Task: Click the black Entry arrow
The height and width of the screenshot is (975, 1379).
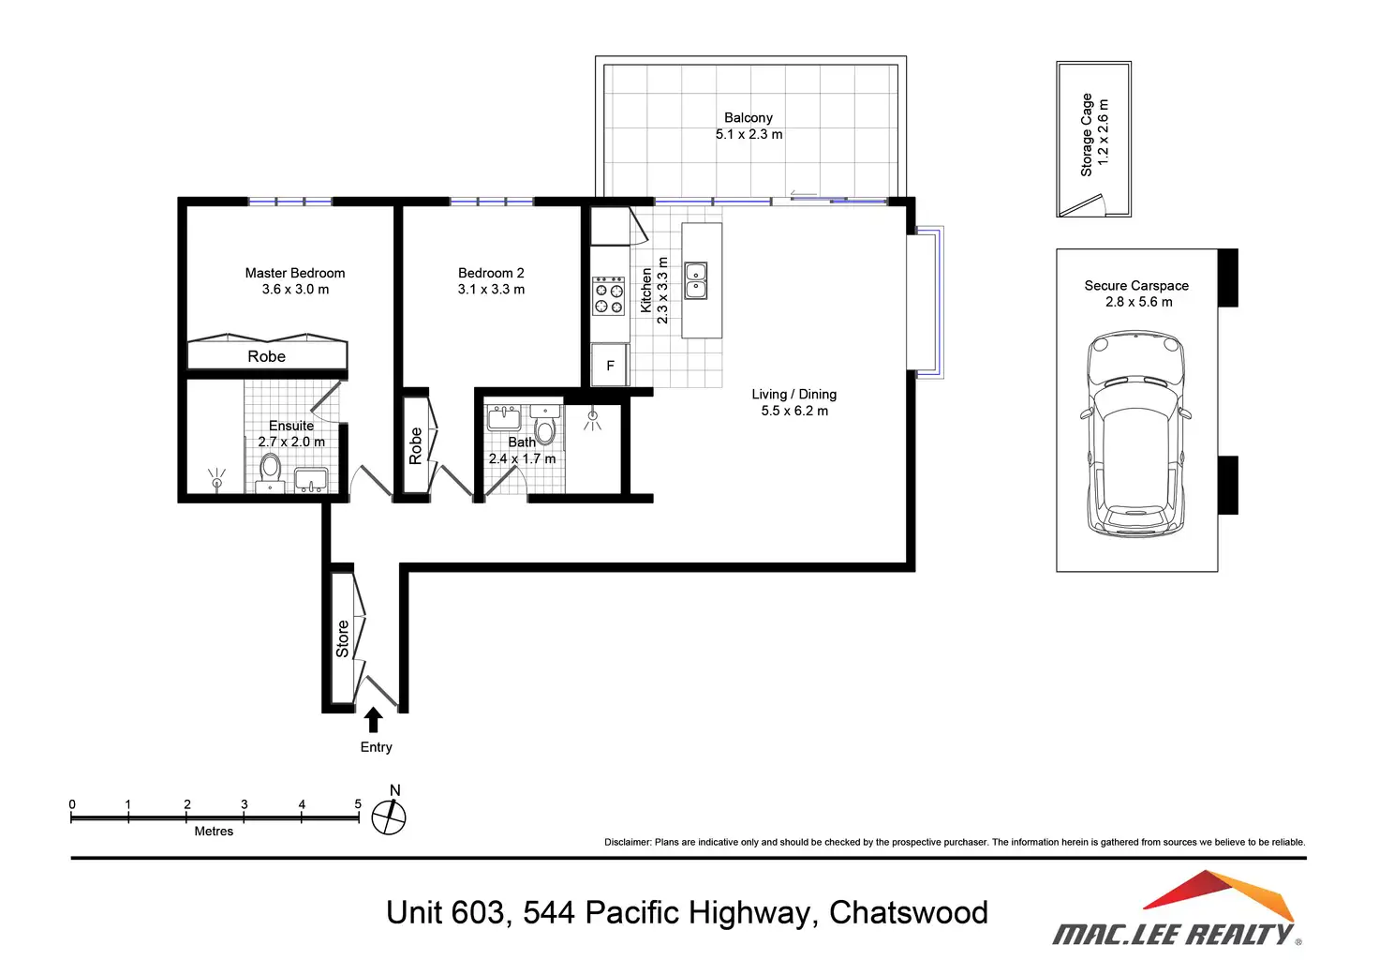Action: (373, 719)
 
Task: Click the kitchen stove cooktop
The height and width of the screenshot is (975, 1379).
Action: (608, 296)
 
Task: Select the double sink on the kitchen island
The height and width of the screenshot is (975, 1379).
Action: (696, 281)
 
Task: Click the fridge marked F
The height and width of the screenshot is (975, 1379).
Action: (610, 366)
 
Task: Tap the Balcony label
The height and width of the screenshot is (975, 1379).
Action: (748, 117)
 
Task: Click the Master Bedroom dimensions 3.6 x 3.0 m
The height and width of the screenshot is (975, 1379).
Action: (295, 290)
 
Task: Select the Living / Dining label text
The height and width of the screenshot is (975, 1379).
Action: (794, 394)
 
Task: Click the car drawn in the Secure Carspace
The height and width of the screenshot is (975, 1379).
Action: (1135, 434)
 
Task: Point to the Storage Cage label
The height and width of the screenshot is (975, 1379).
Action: (1086, 135)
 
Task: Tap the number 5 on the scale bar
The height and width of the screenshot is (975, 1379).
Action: (358, 803)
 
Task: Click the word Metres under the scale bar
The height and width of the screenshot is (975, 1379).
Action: (214, 831)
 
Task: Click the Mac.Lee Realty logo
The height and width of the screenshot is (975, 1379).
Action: (1177, 908)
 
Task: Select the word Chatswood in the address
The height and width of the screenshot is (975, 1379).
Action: (908, 913)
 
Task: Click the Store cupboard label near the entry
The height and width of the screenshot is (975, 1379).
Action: (342, 638)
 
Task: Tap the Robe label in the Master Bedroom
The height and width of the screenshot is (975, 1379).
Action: (267, 356)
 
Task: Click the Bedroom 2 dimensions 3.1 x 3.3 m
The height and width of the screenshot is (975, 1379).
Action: (491, 290)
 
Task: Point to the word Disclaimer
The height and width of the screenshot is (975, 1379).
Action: (628, 842)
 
